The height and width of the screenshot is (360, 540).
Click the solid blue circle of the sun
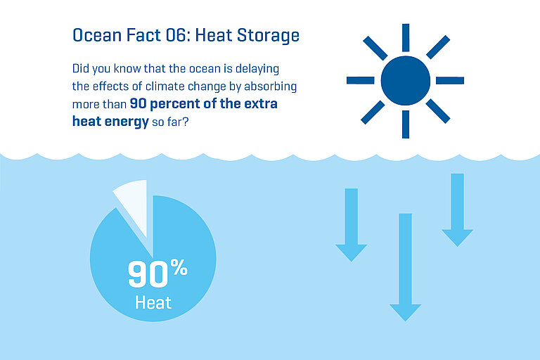pos(405,80)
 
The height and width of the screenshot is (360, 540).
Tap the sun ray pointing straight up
pos(405,37)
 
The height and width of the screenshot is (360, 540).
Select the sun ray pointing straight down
pos(405,124)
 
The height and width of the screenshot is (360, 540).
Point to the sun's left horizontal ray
pos(360,80)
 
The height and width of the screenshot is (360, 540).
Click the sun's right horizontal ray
pos(450,80)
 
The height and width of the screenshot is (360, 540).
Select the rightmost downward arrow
pos(458,208)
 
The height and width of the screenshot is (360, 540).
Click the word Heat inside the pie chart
pos(153,303)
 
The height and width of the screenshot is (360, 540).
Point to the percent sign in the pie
pos(179,267)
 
